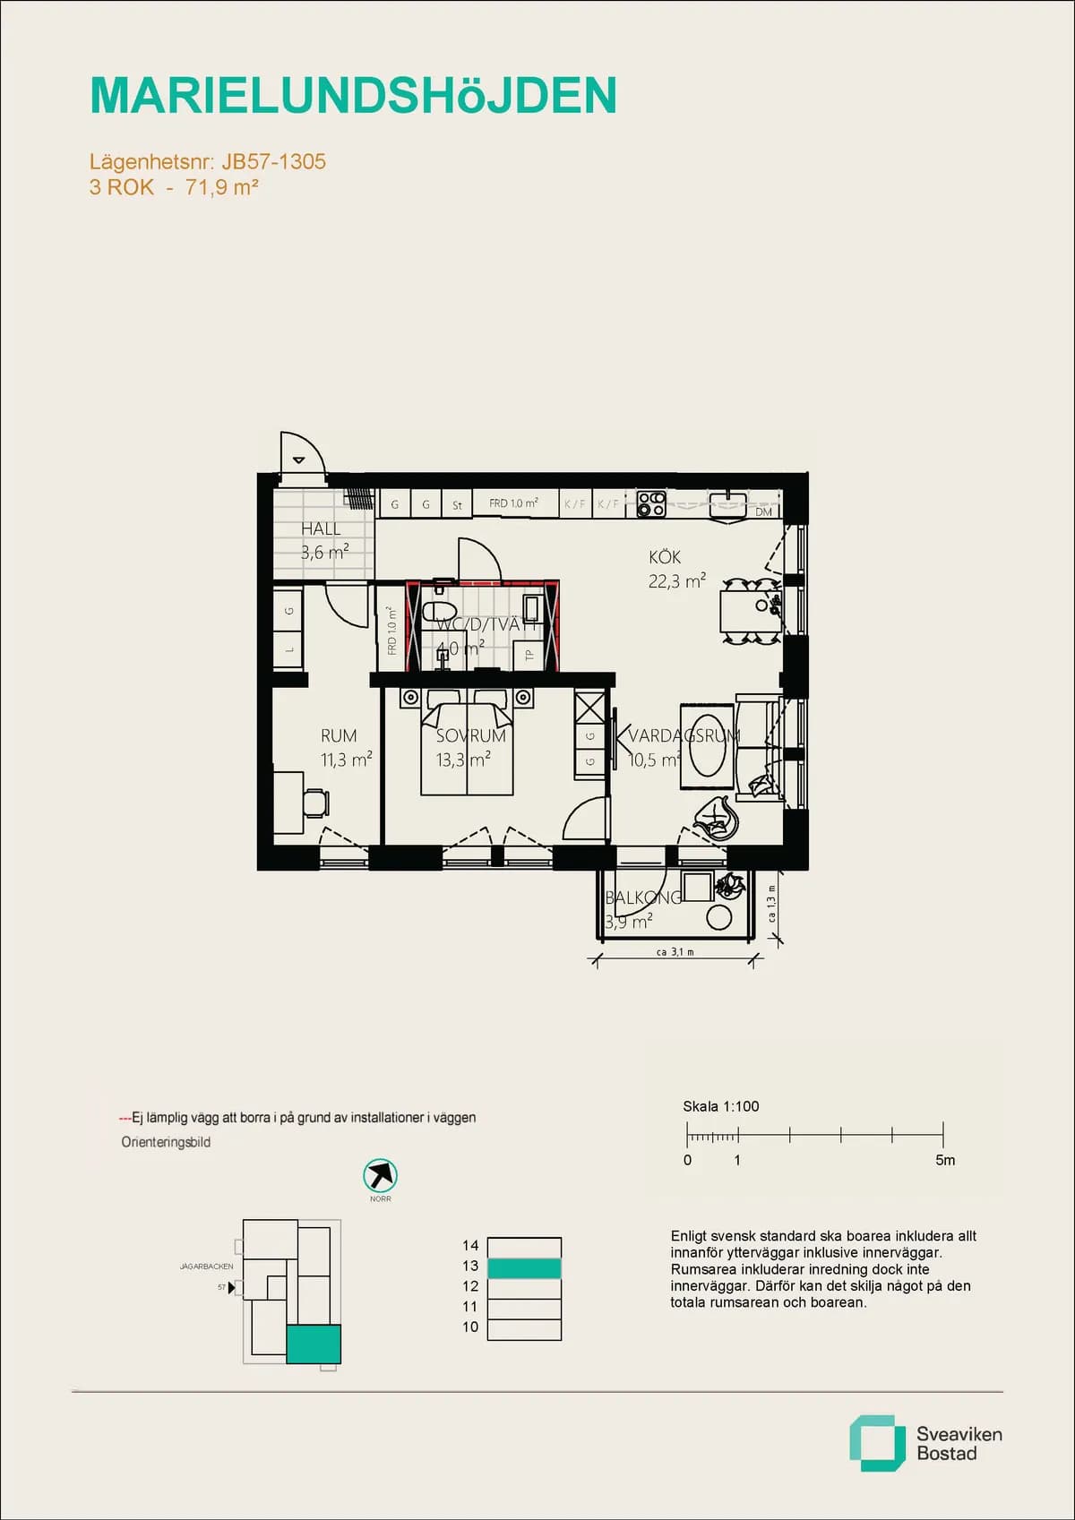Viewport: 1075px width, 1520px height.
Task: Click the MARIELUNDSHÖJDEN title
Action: pyautogui.click(x=353, y=96)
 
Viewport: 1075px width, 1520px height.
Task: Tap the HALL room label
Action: pyautogui.click(x=321, y=529)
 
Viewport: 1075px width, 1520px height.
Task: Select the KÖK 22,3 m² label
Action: pyautogui.click(x=675, y=569)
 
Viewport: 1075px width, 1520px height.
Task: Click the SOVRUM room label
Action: pyautogui.click(x=470, y=736)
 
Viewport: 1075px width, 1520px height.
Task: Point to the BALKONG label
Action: pyautogui.click(x=643, y=897)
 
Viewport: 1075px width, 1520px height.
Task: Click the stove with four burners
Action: pyautogui.click(x=651, y=504)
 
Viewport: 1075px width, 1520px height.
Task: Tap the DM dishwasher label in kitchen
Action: pyautogui.click(x=763, y=512)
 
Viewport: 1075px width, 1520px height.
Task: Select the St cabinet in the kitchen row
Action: pyautogui.click(x=457, y=505)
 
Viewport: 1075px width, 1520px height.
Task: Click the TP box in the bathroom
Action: pyautogui.click(x=529, y=655)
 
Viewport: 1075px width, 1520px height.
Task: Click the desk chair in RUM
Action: pyautogui.click(x=314, y=802)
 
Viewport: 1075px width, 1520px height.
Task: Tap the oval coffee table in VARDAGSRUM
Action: pyautogui.click(x=708, y=745)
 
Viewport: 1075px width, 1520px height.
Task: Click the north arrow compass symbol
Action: pyautogui.click(x=380, y=1175)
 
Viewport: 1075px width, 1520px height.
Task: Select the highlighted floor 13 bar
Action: pyautogui.click(x=524, y=1268)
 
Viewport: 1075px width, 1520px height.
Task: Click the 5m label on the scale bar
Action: pyautogui.click(x=945, y=1160)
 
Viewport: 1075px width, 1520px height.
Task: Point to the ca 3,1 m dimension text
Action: pyautogui.click(x=675, y=952)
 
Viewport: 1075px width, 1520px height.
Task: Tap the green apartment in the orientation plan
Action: pyautogui.click(x=314, y=1344)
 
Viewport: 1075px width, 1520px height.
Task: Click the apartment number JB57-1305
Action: pyautogui.click(x=273, y=162)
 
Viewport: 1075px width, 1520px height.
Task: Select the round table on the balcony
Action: pyautogui.click(x=718, y=917)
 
